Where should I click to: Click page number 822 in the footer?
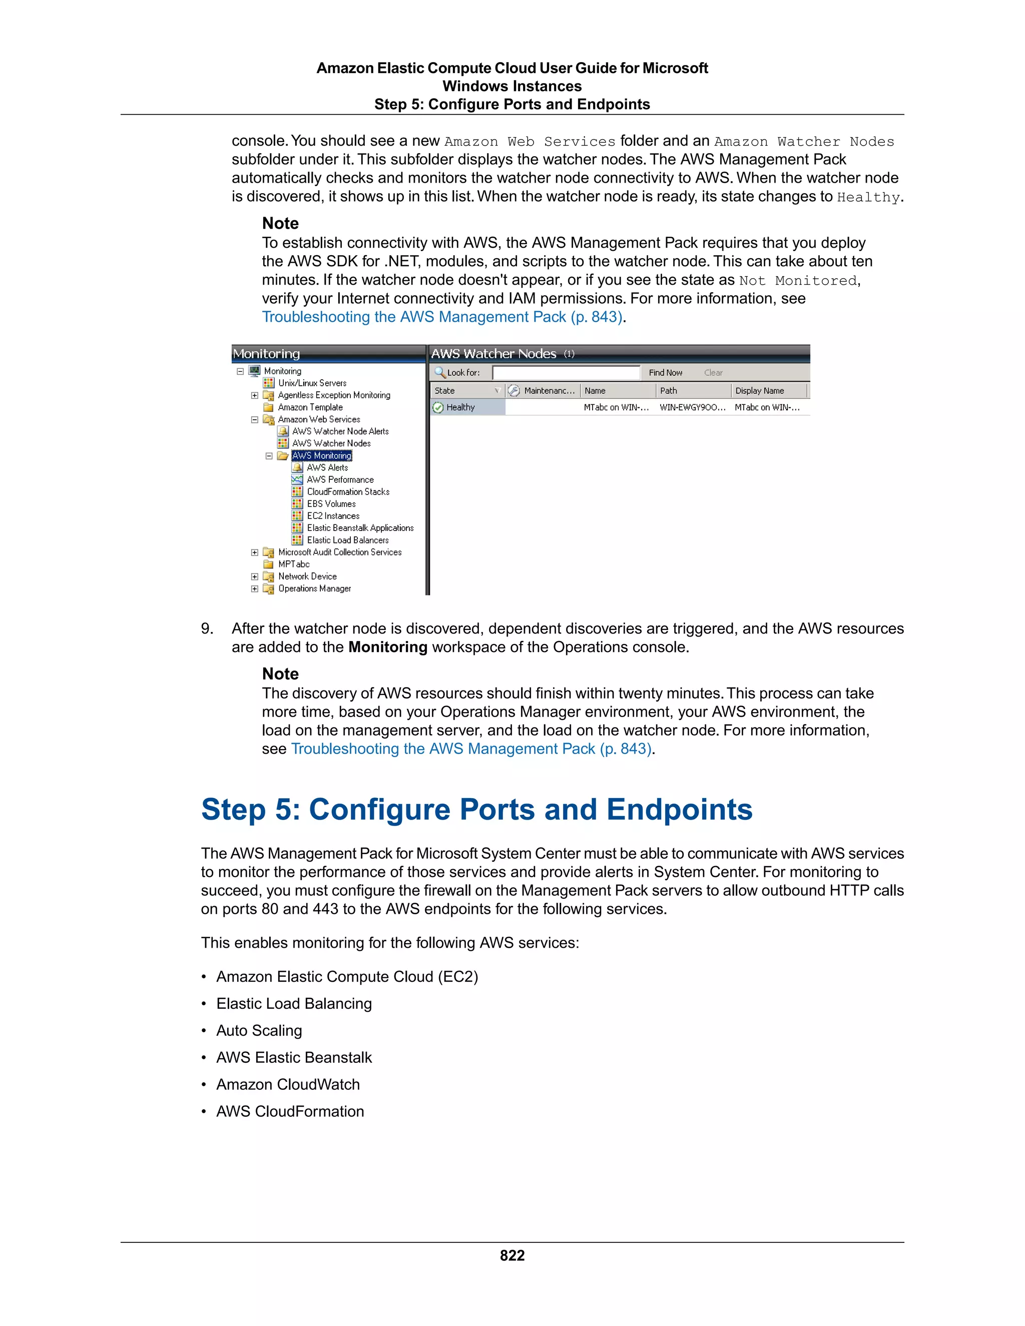pyautogui.click(x=512, y=1255)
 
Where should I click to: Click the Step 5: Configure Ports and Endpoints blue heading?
pyautogui.click(x=476, y=810)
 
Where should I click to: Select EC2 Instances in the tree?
pyautogui.click(x=333, y=516)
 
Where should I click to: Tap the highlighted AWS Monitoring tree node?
pyautogui.click(x=321, y=455)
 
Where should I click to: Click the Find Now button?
pyautogui.click(x=665, y=373)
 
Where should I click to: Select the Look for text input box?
pyautogui.click(x=566, y=373)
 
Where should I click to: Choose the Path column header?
pyautogui.click(x=669, y=391)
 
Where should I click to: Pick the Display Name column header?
pyautogui.click(x=760, y=391)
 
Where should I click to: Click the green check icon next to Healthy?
pyautogui.click(x=438, y=407)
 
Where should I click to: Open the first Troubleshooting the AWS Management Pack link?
pyautogui.click(x=441, y=317)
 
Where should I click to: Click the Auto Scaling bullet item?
pyautogui.click(x=259, y=1030)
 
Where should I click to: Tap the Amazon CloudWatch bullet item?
pyautogui.click(x=288, y=1084)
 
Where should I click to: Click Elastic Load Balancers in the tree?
pyautogui.click(x=347, y=540)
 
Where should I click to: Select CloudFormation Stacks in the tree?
pyautogui.click(x=348, y=492)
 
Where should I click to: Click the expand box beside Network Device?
pyautogui.click(x=254, y=577)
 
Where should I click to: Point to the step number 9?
pyautogui.click(x=207, y=628)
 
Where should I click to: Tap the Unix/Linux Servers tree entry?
pyautogui.click(x=312, y=383)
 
